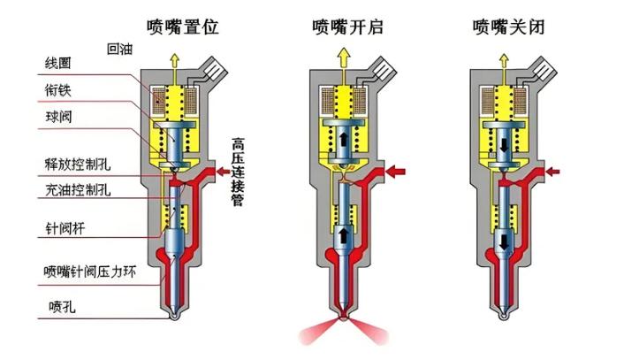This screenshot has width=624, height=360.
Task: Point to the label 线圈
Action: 58,64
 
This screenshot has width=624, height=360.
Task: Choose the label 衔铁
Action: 58,89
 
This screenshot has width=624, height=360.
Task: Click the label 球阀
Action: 58,117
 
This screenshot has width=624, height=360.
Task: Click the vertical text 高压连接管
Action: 238,172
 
